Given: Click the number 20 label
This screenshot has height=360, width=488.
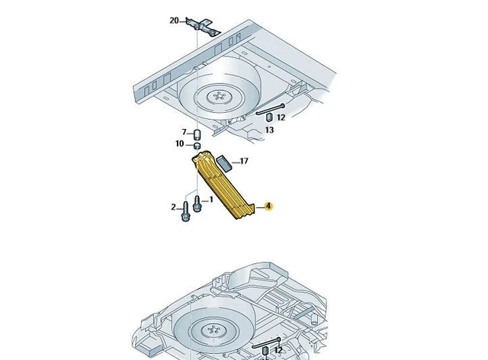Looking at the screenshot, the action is tap(174, 21).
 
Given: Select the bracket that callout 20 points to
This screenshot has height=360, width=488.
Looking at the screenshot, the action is tap(203, 27).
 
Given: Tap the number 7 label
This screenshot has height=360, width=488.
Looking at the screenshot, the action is tap(184, 132).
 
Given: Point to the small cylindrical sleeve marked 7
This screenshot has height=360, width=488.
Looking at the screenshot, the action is tap(197, 134).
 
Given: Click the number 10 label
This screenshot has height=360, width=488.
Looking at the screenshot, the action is tap(180, 144).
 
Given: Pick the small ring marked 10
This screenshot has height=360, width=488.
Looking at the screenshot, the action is tap(197, 146).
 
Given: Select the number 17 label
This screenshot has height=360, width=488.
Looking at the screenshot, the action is tap(244, 161).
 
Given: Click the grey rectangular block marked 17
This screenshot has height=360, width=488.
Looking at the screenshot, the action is tap(224, 163).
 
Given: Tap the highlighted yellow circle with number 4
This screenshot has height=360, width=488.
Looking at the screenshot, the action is tap(268, 206).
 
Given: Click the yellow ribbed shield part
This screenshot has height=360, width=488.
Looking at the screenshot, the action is tap(223, 185).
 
